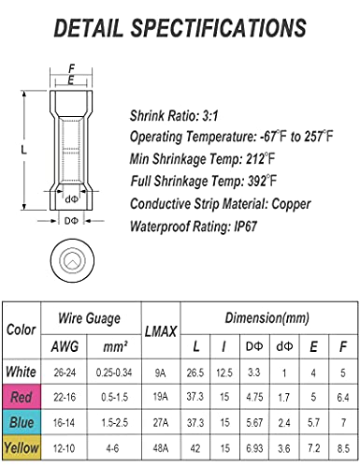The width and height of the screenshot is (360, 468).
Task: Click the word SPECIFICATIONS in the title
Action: [x=219, y=28]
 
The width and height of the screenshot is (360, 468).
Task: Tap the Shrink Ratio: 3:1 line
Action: [x=174, y=116]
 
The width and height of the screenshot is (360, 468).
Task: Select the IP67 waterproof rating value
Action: [x=246, y=227]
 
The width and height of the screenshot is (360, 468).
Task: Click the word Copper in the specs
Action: [x=291, y=204]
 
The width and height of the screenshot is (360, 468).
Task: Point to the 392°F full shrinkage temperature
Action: [x=262, y=181]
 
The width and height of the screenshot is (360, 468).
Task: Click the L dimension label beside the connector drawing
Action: [x=24, y=150]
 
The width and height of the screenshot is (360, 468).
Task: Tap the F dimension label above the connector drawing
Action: [x=71, y=68]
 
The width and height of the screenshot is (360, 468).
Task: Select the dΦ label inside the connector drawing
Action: [x=71, y=199]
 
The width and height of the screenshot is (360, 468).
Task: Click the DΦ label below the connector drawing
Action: [x=71, y=221]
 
